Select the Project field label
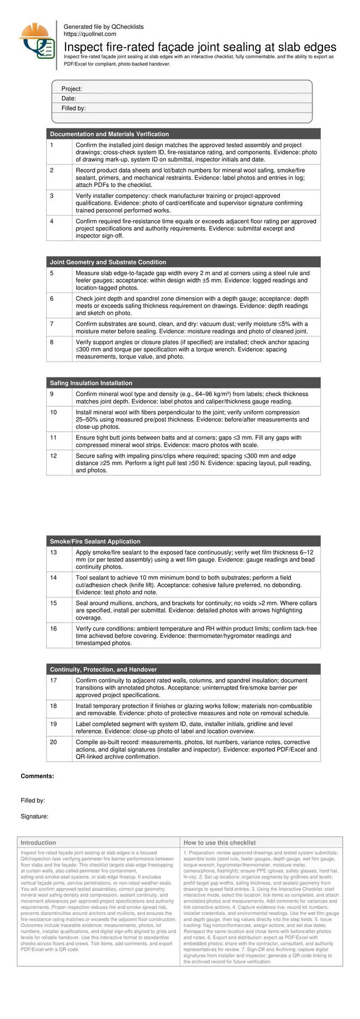click(x=72, y=89)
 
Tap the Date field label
click(x=69, y=99)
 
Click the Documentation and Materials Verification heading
click(x=109, y=134)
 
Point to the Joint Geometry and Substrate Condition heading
click(x=108, y=262)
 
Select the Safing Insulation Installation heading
click(x=91, y=383)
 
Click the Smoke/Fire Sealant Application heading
click(x=95, y=541)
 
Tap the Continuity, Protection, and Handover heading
click(x=103, y=669)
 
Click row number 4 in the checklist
click(x=52, y=222)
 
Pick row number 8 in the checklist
click(x=52, y=343)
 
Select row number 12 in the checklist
click(x=53, y=456)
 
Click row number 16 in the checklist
click(x=53, y=629)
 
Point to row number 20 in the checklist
click(x=53, y=742)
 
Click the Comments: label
click(x=38, y=776)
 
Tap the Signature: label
click(x=35, y=816)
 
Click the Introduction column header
click(x=38, y=843)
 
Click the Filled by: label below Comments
click(x=33, y=801)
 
